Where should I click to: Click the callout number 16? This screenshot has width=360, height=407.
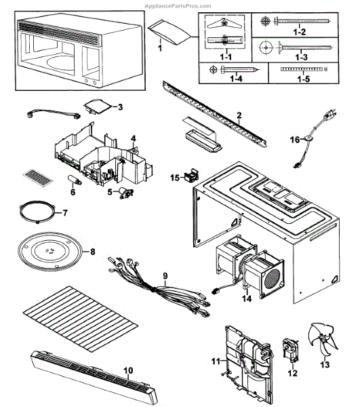pos(295,140)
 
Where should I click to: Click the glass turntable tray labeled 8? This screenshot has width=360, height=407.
pos(50,252)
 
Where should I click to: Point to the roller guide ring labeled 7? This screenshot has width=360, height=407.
pos(37,212)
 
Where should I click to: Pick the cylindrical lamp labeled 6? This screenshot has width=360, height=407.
pos(75,180)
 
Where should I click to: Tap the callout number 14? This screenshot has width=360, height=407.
pos(247,298)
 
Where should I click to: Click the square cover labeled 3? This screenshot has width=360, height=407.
pos(97,106)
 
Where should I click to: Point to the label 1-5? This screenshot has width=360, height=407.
pos(304,79)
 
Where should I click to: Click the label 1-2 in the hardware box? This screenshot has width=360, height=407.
pos(300,32)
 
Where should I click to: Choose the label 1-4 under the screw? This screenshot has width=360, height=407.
pos(237,79)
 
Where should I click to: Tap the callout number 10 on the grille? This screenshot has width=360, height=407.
pos(128,370)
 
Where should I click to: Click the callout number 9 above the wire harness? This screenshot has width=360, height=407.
pos(165,275)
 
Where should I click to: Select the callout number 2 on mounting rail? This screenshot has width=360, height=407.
pos(239,115)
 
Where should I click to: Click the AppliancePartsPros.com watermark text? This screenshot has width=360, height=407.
pos(178,6)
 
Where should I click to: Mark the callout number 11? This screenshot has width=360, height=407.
pos(216,361)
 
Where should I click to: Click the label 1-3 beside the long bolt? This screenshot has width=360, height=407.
pos(301,56)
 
